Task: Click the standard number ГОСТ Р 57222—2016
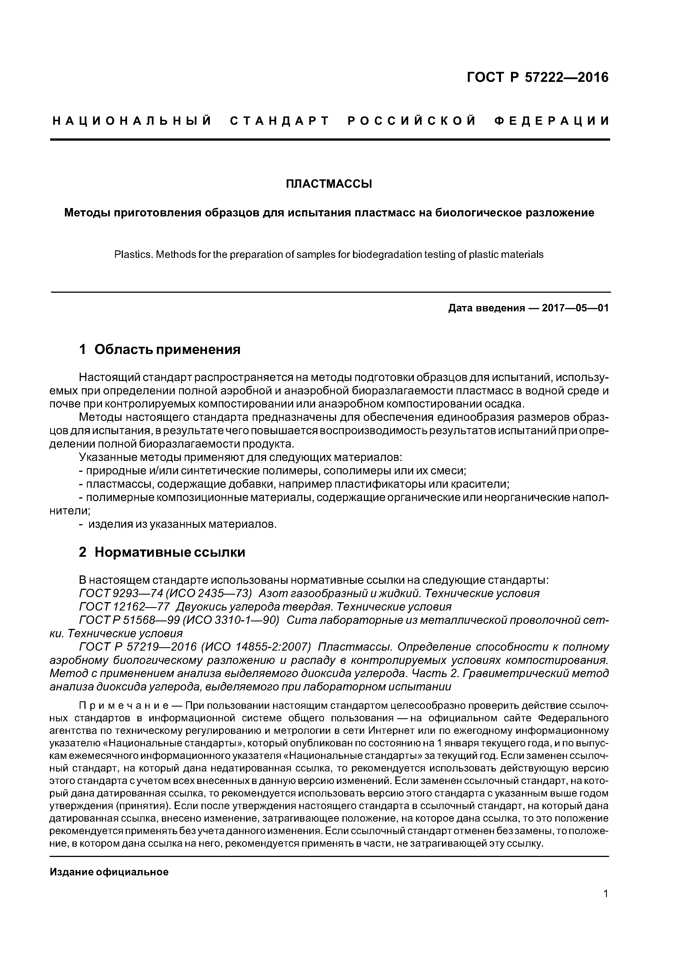point(538,77)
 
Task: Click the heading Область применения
point(167,350)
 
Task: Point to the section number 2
point(82,552)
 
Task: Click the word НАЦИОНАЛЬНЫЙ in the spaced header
point(132,121)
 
